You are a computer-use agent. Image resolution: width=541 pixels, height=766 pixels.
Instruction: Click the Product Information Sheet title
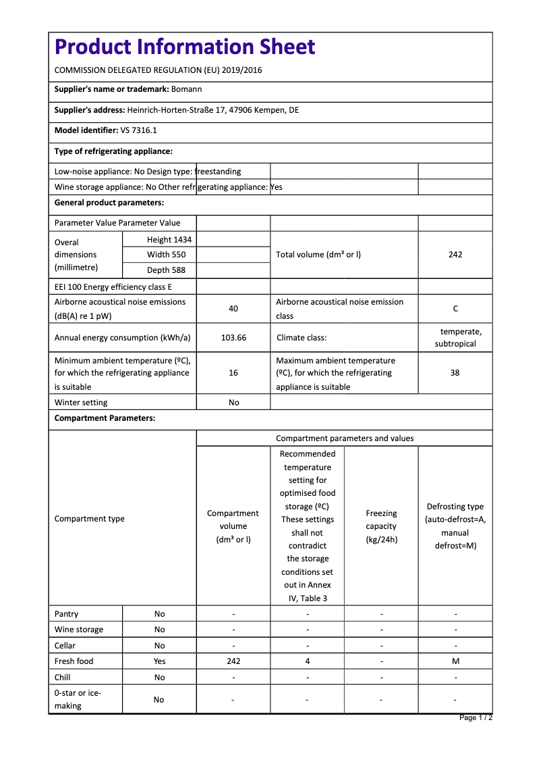[185, 47]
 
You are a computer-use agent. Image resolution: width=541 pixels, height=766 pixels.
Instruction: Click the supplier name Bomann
[186, 89]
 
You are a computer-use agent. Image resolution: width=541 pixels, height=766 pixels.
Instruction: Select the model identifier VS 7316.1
[138, 130]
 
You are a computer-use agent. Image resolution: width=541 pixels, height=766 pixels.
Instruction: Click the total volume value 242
[455, 255]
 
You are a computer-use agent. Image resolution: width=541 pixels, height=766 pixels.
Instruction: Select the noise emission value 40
[233, 309]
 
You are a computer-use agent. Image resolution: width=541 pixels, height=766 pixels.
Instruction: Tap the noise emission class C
[455, 309]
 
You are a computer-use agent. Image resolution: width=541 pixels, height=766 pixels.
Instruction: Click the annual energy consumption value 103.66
[233, 338]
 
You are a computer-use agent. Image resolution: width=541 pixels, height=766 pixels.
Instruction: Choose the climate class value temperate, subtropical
[455, 338]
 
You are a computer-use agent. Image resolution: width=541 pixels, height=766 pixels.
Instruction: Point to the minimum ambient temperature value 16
[233, 373]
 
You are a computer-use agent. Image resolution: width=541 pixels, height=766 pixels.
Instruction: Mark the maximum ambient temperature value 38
[455, 373]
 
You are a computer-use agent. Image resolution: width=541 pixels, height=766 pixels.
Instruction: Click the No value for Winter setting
[233, 403]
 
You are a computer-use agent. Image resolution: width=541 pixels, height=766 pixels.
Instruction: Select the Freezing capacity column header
[381, 526]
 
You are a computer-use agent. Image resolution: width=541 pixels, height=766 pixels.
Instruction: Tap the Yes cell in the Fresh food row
[159, 661]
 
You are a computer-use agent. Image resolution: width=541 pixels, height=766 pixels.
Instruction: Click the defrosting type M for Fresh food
[455, 661]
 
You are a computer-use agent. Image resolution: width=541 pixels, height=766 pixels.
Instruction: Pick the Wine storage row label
[79, 630]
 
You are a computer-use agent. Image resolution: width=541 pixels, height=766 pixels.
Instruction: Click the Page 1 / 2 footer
[476, 717]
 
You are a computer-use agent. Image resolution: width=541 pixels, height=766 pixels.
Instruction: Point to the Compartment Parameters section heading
[105, 418]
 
